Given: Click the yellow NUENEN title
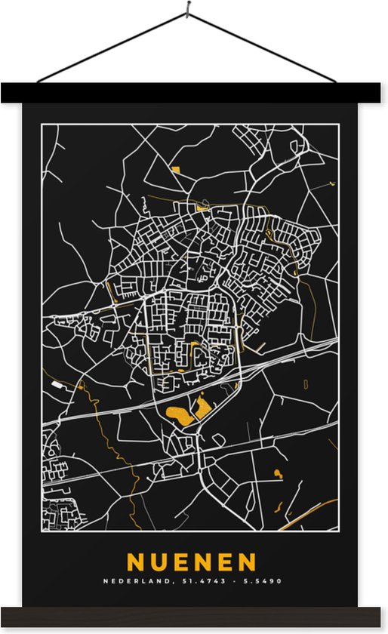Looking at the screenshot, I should [x=192, y=562].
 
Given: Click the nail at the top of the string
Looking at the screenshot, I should [x=189, y=9].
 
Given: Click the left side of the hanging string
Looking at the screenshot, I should [x=113, y=46].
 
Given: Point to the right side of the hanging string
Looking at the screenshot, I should [x=264, y=46].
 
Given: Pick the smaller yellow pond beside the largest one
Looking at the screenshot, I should [x=203, y=408].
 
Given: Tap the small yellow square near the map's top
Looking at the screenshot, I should [x=176, y=170].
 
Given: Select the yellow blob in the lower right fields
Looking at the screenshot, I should [x=278, y=474].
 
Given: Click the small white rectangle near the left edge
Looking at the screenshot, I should [x=57, y=384].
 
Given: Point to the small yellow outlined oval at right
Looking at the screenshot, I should [x=306, y=383].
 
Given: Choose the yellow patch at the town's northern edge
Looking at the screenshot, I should [x=202, y=207].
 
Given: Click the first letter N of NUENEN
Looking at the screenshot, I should [x=136, y=562].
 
